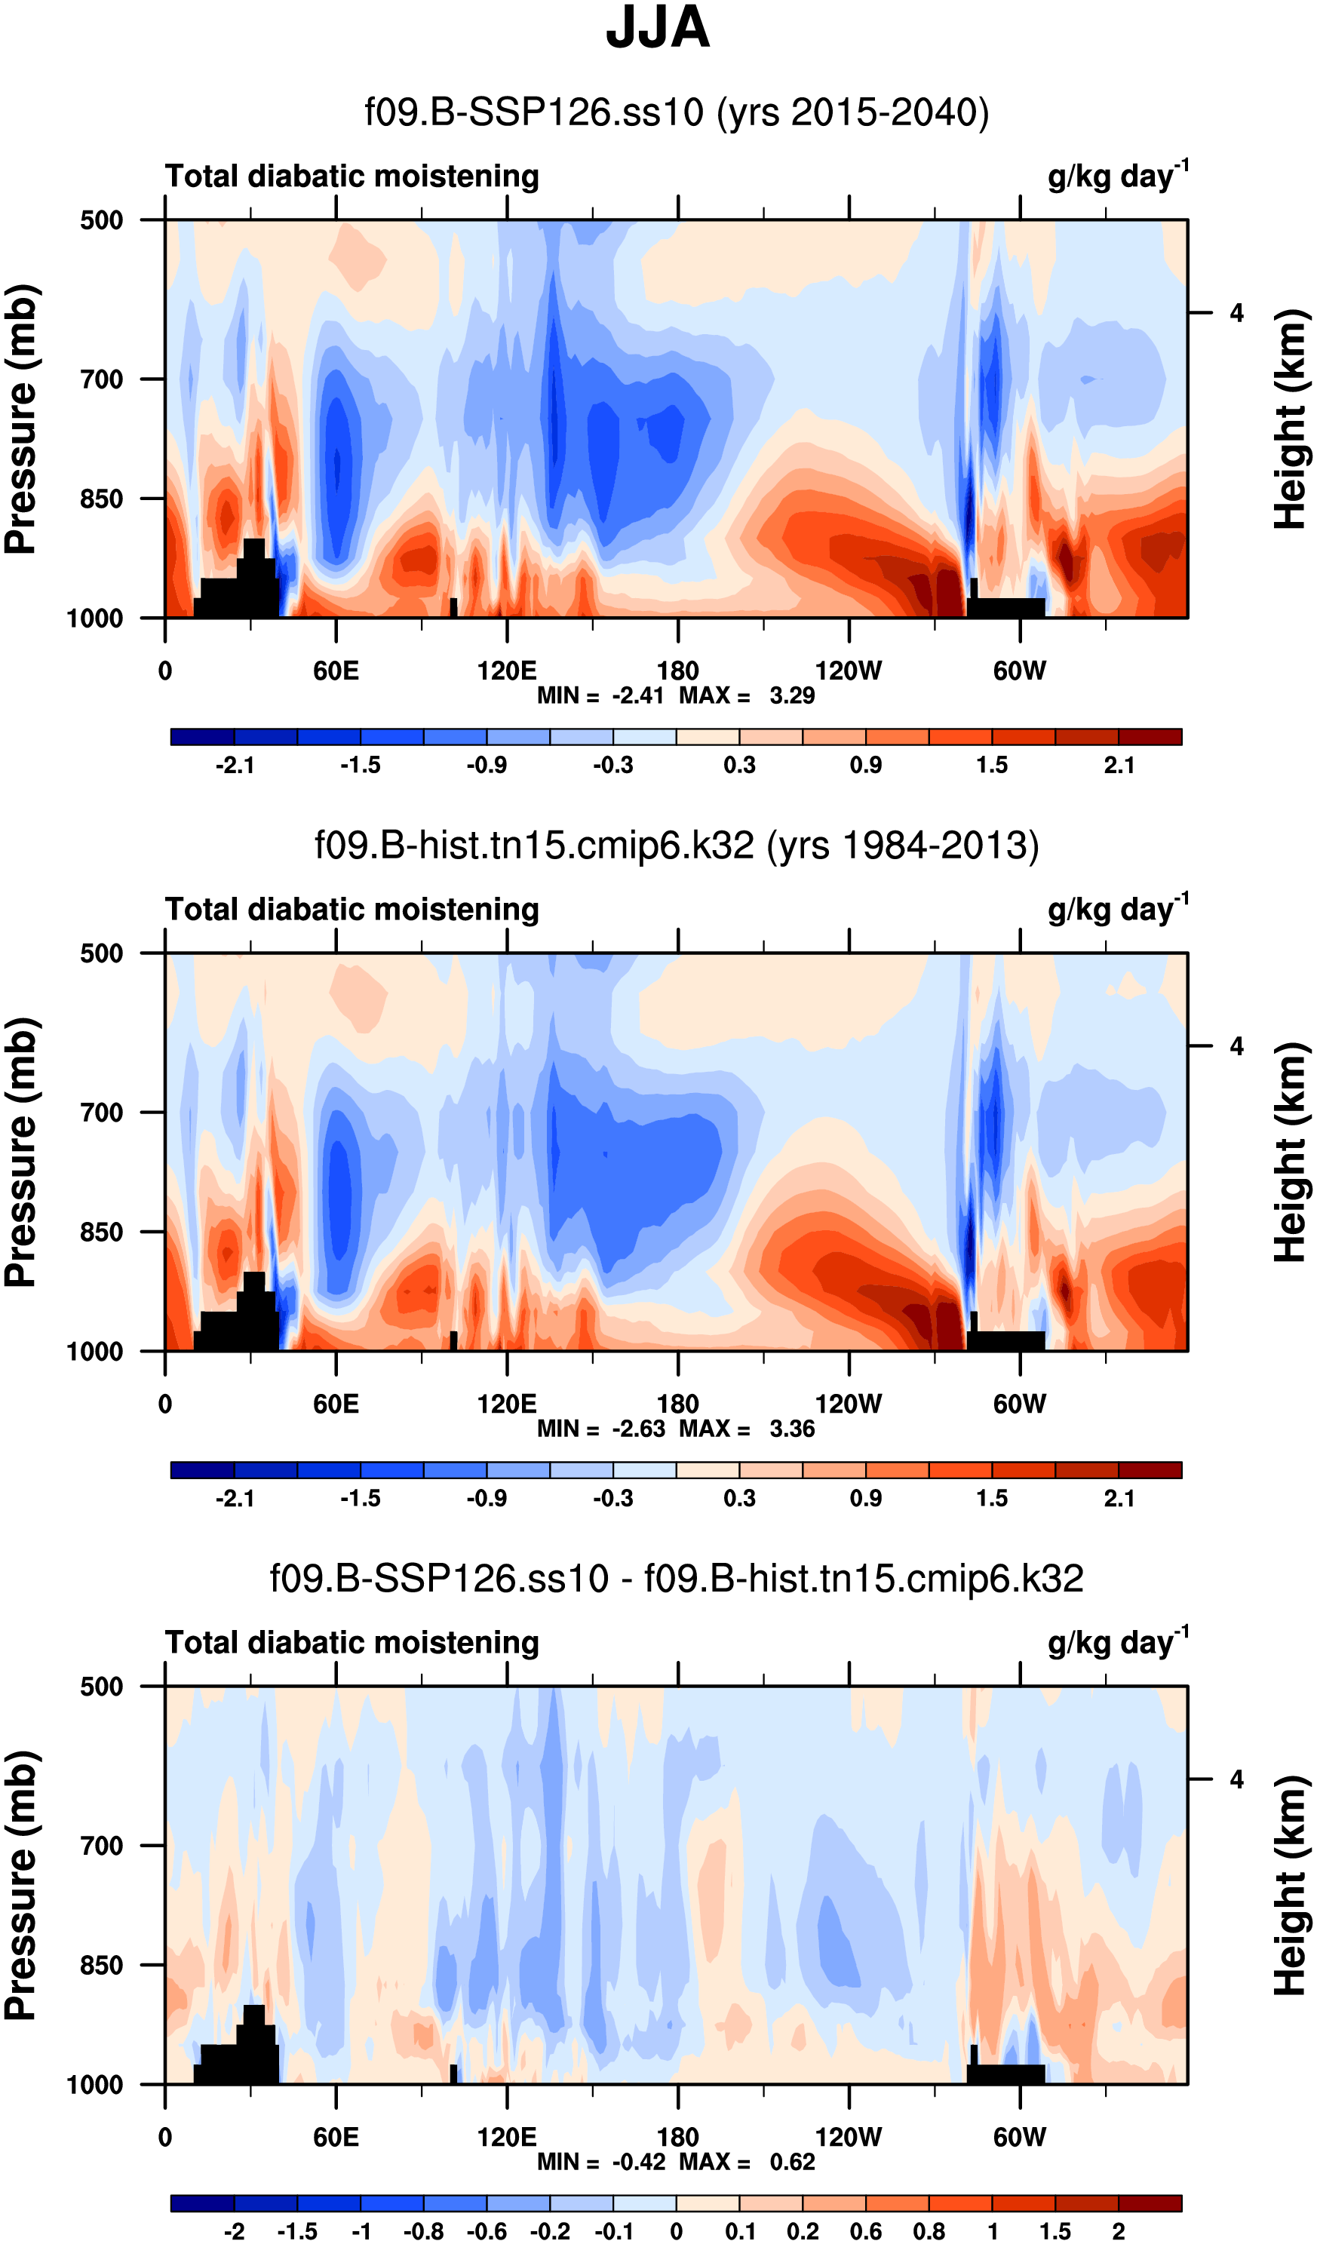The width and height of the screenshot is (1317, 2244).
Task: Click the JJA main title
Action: click(657, 29)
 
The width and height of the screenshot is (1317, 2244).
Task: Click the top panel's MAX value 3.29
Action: click(791, 695)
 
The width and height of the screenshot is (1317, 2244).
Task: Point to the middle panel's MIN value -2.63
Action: click(637, 1429)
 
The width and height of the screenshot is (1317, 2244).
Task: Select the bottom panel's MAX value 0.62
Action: click(791, 2162)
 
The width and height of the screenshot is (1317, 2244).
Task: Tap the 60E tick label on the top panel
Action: click(336, 671)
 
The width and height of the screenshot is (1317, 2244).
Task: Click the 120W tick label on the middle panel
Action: click(848, 1404)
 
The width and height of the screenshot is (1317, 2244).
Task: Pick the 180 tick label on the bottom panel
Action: click(677, 2137)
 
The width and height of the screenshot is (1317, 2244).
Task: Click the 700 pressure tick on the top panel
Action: click(102, 379)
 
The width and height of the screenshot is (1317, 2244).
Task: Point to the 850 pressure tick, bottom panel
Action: click(102, 1965)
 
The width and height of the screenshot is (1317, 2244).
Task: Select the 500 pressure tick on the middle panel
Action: click(102, 953)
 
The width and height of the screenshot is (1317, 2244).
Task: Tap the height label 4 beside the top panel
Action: click(1236, 314)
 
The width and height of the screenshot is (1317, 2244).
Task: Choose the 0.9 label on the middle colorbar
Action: click(865, 1499)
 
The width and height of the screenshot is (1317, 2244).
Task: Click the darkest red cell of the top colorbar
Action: click(1150, 736)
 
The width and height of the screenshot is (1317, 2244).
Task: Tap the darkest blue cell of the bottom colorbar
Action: click(202, 2203)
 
